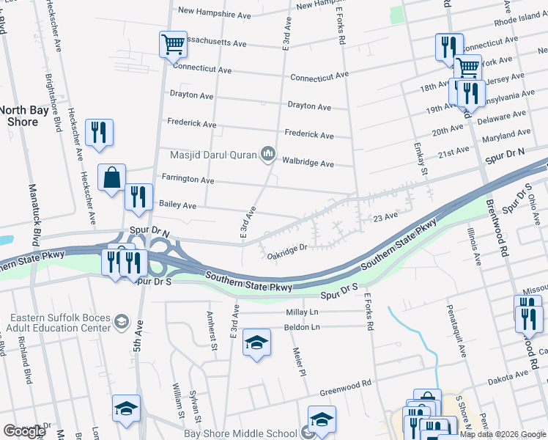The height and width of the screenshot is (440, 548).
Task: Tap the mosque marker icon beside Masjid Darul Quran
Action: (267, 153)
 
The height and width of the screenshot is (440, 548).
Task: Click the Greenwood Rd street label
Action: (346, 382)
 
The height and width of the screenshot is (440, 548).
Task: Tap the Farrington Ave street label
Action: (188, 180)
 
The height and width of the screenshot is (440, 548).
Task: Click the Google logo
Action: (24, 430)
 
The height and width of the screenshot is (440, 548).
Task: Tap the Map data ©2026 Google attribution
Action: (503, 434)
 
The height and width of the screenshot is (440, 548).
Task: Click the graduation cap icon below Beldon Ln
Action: (256, 343)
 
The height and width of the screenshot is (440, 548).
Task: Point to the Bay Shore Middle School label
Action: (243, 433)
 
